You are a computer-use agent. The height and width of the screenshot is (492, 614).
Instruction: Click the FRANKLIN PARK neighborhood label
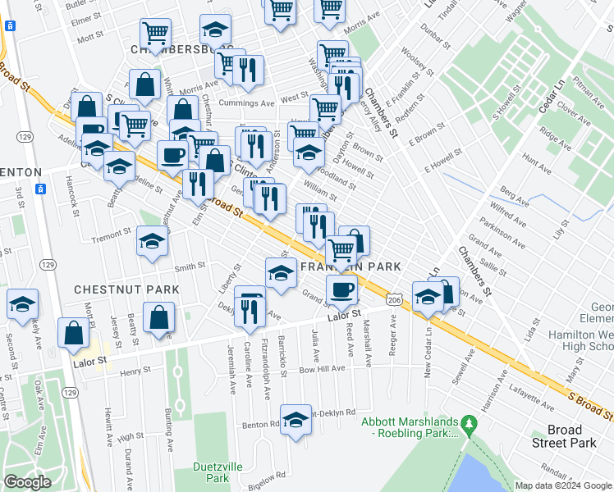coord(351,267)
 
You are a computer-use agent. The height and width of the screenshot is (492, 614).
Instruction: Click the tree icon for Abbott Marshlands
coord(469,424)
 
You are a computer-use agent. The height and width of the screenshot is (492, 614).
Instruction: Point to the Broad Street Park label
coord(565,436)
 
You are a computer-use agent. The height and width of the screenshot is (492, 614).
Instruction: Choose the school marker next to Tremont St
coord(152,241)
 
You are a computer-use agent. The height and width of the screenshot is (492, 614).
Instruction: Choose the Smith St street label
coord(190,266)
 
